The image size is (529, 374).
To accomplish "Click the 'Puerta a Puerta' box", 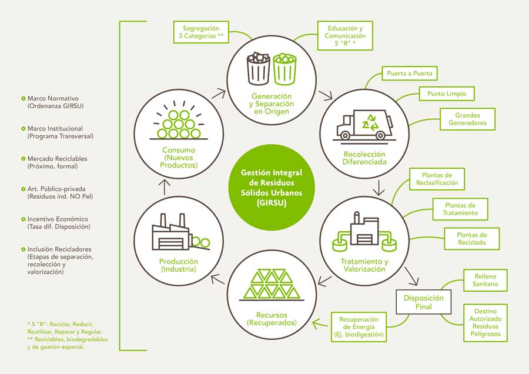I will (410, 74).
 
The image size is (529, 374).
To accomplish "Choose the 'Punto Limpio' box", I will (446, 93).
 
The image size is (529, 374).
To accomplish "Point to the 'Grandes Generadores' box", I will (467, 119).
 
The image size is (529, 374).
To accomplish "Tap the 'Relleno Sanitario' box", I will (486, 280).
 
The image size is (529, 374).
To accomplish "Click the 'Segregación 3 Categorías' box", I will (200, 31).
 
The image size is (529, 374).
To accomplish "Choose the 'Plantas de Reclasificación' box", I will (437, 179).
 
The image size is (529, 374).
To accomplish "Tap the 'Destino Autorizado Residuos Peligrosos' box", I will (485, 322).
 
